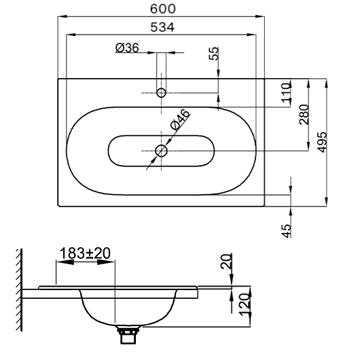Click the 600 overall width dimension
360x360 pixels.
tap(163, 9)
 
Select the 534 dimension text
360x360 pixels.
tap(162, 27)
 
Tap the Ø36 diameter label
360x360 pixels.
tap(127, 48)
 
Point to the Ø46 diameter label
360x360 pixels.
tap(180, 120)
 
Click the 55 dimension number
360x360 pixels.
tap(214, 54)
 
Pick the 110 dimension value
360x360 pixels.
tap(286, 93)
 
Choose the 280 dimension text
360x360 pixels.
tap(304, 114)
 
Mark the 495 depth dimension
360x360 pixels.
tap(321, 142)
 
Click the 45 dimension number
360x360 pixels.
tap(286, 231)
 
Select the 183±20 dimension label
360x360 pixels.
tap(85, 253)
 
